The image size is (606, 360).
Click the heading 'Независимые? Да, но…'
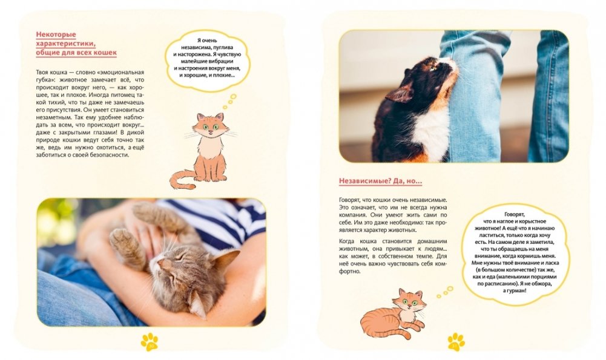click(x=380, y=181)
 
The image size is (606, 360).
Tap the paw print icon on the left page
click(x=150, y=341)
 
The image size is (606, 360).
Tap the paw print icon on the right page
click(x=456, y=341)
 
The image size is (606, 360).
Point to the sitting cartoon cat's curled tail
click(x=182, y=180)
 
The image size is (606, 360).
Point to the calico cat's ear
click(x=400, y=94)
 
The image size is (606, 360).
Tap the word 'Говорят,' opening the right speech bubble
click(x=515, y=214)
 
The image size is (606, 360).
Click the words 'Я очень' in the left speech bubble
click(x=207, y=41)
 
